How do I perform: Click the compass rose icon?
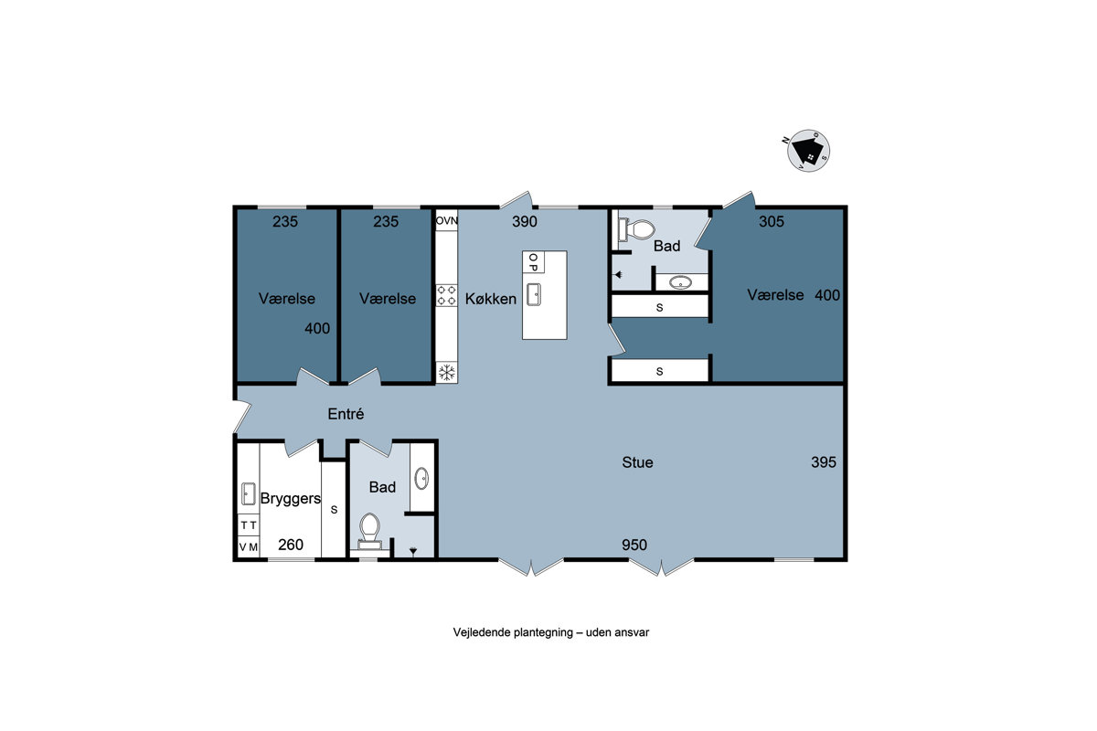click(808, 151)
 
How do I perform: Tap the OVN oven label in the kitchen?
click(447, 221)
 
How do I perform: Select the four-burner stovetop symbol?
click(447, 295)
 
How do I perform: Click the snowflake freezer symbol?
click(447, 373)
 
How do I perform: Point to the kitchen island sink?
click(534, 294)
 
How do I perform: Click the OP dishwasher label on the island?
click(533, 262)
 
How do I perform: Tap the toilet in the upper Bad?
click(636, 229)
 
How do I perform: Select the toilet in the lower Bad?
click(369, 531)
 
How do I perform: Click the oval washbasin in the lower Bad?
click(421, 479)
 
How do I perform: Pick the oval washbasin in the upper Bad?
click(680, 282)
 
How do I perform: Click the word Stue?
click(637, 462)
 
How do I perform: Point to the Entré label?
click(346, 414)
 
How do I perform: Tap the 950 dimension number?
click(634, 545)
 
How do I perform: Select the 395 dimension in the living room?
click(824, 461)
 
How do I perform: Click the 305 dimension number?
click(772, 221)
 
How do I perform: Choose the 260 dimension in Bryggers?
click(291, 545)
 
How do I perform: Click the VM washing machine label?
click(249, 547)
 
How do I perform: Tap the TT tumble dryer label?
click(249, 525)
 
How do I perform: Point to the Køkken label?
click(491, 299)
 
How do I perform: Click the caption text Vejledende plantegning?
click(513, 632)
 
